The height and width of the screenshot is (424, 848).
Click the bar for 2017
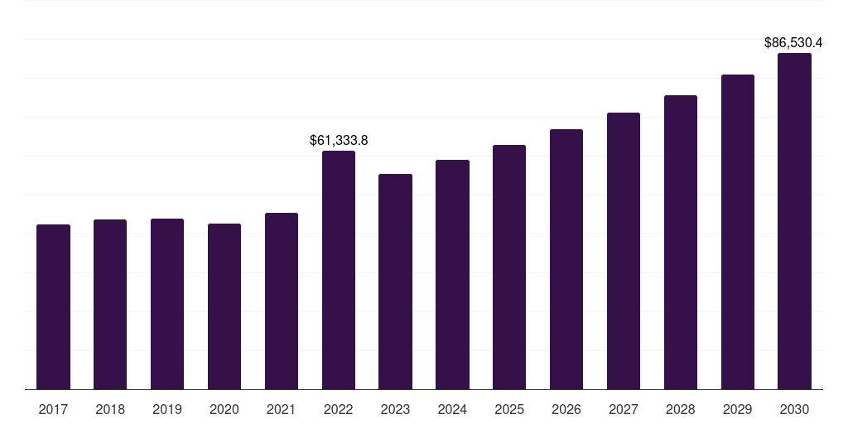tap(53, 306)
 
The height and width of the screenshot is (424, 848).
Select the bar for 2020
tap(224, 306)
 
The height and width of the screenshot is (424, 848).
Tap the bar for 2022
tap(339, 270)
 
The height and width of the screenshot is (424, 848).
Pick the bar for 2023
tap(395, 282)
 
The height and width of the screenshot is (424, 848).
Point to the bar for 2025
tap(509, 267)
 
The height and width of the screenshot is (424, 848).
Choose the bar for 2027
tap(624, 251)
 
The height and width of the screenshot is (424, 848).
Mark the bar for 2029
tap(738, 232)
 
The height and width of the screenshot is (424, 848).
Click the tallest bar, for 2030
tap(794, 221)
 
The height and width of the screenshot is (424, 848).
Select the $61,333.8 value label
tap(339, 141)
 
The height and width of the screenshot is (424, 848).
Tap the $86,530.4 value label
tap(793, 43)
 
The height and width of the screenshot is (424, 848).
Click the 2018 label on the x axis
tap(110, 410)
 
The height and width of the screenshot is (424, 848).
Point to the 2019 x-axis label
tap(167, 410)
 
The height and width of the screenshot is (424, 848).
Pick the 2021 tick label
tap(282, 410)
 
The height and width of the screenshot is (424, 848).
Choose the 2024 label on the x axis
tap(452, 410)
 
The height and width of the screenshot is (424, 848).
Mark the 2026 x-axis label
tap(566, 410)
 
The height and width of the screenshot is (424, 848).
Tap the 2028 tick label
tap(681, 410)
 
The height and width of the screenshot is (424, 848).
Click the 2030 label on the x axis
tap(794, 410)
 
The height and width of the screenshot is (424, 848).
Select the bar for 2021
tap(282, 301)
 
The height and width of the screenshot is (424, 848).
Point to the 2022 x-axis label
tap(339, 410)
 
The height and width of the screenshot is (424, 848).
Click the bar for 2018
tap(110, 305)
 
